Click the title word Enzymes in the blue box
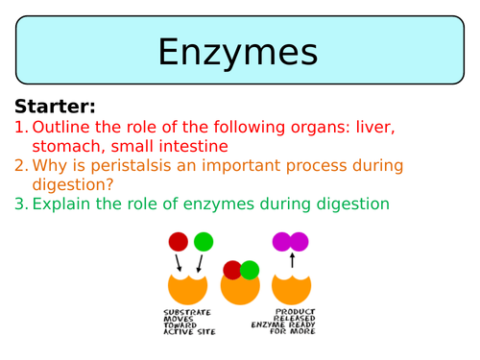[x=240, y=50]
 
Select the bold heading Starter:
[x=56, y=106]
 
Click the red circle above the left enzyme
[x=179, y=242]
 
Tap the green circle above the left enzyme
[x=203, y=242]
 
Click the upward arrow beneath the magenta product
[x=292, y=260]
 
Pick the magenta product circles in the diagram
[x=292, y=242]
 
